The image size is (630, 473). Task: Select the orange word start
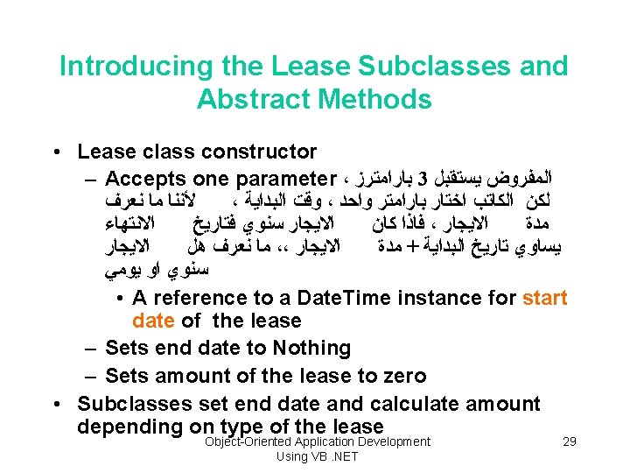pos(544,299)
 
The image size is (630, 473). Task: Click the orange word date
pos(154,321)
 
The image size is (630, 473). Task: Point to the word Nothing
pos(312,348)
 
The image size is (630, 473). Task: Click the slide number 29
pos(569,442)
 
